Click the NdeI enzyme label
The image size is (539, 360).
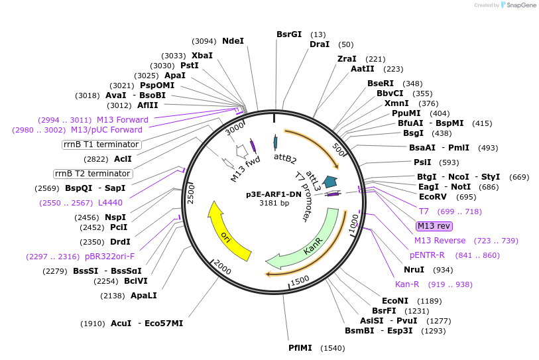click(233, 41)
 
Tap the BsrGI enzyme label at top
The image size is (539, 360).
click(289, 34)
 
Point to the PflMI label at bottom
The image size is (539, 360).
click(301, 348)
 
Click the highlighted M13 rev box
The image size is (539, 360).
click(434, 226)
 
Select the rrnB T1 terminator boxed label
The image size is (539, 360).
click(101, 145)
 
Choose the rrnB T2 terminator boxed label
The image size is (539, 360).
click(93, 174)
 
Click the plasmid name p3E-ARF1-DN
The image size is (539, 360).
click(273, 195)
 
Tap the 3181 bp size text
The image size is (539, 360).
click(273, 204)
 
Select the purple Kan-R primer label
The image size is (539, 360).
click(407, 284)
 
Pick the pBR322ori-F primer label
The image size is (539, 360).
click(109, 257)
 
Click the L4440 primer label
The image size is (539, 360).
click(110, 203)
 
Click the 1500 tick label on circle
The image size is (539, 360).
click(300, 280)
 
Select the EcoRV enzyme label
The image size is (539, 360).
click(438, 197)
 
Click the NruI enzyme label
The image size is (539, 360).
click(414, 270)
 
